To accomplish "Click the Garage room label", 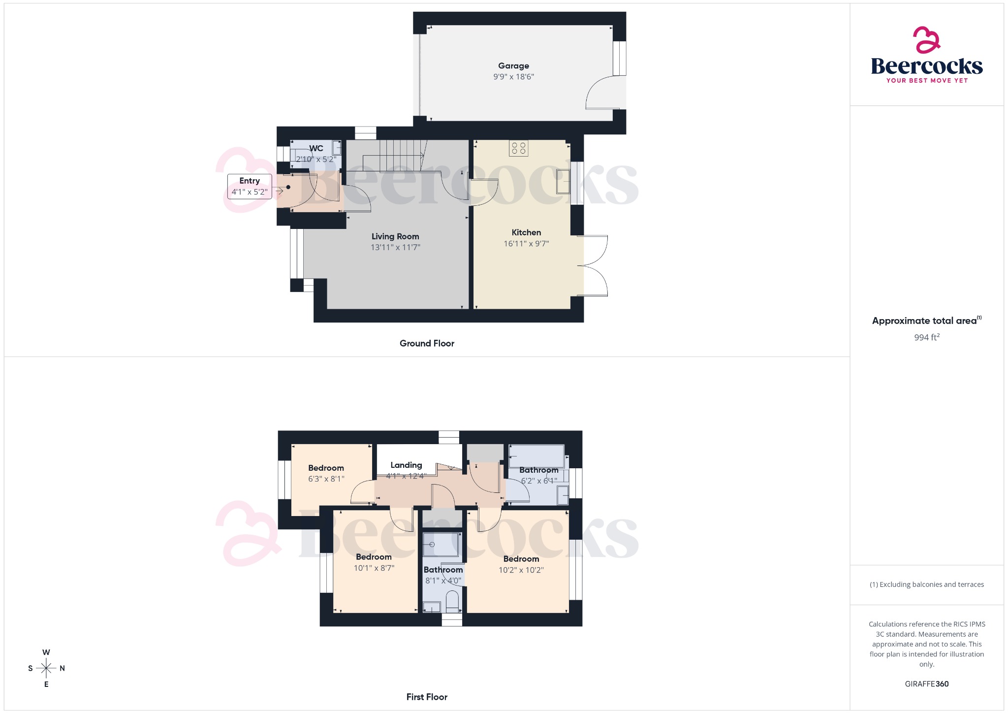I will [513, 66].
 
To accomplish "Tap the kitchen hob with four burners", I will [518, 148].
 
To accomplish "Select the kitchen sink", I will [563, 182].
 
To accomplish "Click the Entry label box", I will [250, 187].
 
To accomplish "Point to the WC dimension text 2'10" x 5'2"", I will [316, 159].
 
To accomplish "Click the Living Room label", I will [395, 236].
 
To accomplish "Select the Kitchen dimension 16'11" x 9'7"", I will [526, 244].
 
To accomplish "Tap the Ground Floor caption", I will [427, 343].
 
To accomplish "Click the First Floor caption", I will [427, 697].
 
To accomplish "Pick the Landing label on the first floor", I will [406, 465].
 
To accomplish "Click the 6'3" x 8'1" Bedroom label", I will [326, 468].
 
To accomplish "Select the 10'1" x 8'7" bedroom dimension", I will [374, 568].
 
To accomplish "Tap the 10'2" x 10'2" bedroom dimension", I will [521, 570].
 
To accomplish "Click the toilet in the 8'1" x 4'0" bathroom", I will [452, 602].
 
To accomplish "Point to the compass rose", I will [46, 668].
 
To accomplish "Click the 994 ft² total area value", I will [927, 337].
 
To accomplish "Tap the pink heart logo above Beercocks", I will [926, 40].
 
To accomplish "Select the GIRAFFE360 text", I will [927, 683].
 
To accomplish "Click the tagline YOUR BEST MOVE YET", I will [927, 80].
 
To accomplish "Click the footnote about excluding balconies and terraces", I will [927, 584].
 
